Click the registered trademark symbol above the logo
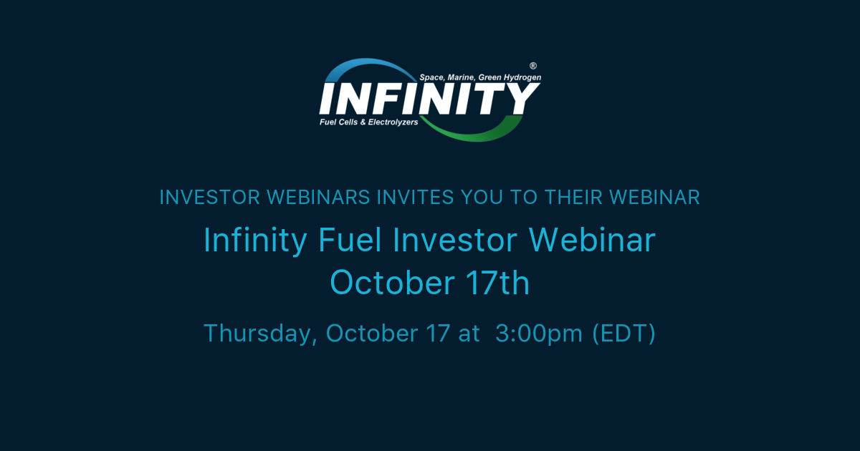click(x=532, y=65)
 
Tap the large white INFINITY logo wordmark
click(x=429, y=99)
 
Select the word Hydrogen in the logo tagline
click(x=522, y=77)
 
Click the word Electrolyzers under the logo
click(x=392, y=122)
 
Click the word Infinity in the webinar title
click(x=254, y=241)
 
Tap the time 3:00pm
click(x=538, y=334)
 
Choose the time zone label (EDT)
click(x=624, y=334)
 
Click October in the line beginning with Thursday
click(x=371, y=334)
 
